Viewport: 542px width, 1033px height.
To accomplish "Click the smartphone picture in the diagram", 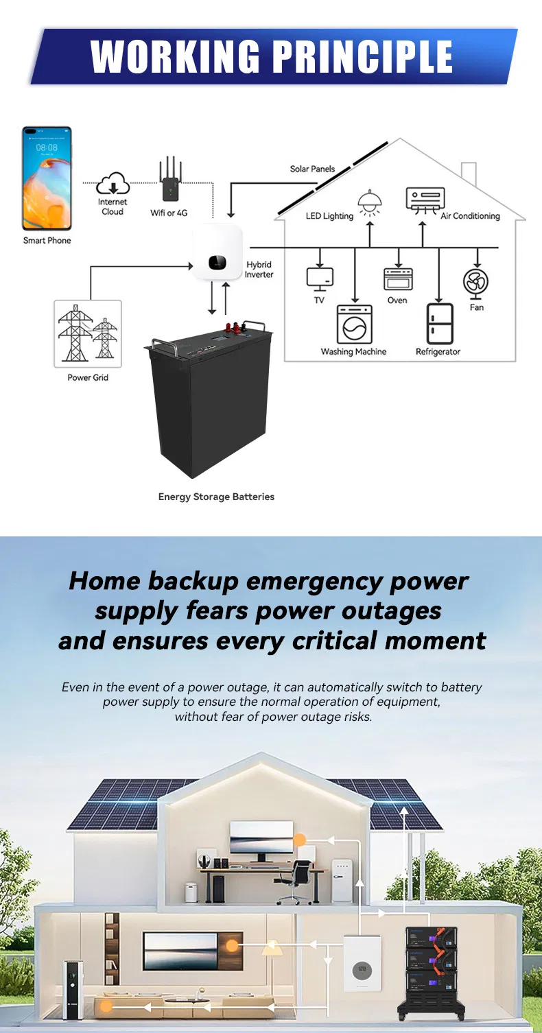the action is (x=47, y=178).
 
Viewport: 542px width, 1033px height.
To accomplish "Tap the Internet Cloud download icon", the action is (x=113, y=184).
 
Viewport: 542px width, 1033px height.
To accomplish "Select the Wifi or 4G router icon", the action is (x=170, y=180).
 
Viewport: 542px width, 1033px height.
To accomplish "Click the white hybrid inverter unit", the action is (x=217, y=252).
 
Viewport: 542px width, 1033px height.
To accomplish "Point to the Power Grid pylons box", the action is (x=88, y=334).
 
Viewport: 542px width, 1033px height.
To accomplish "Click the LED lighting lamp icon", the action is (x=370, y=202).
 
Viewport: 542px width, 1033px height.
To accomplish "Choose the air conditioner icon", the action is (x=425, y=200).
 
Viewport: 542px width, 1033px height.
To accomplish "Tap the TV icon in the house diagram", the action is (x=320, y=279).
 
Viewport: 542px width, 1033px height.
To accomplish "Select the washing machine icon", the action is (x=354, y=324).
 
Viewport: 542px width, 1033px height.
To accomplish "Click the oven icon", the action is (x=398, y=278).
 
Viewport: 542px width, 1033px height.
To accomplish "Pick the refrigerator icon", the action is (x=440, y=324).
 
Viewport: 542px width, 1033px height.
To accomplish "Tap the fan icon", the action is (x=475, y=283).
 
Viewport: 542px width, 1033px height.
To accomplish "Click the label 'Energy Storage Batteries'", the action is (x=216, y=497).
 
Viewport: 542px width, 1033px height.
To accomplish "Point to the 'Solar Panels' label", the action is (x=312, y=169).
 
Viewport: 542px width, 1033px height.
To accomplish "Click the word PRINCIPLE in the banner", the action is (x=363, y=56).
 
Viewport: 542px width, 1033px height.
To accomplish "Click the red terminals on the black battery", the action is (x=235, y=329).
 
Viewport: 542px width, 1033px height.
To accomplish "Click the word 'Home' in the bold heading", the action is (x=105, y=580).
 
